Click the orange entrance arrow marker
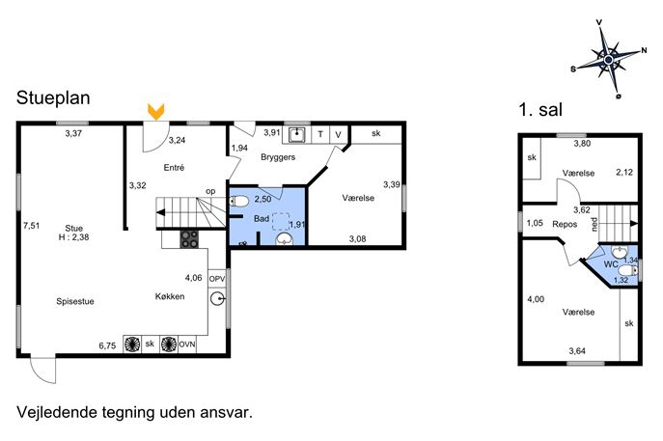click(155, 112)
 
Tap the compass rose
click(608, 59)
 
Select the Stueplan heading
click(53, 98)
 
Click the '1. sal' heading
click(540, 110)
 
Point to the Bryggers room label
click(278, 157)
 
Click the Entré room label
click(174, 168)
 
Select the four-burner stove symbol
click(189, 239)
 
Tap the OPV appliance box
click(217, 279)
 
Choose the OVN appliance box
click(187, 345)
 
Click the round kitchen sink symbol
click(218, 299)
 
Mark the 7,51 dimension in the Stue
click(31, 226)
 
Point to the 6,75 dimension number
click(107, 345)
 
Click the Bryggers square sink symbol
click(297, 135)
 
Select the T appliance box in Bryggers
click(320, 134)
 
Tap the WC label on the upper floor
click(611, 264)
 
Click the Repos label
click(565, 224)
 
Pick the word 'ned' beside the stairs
click(594, 224)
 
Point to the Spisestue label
click(75, 301)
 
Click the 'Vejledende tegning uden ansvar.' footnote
click(134, 412)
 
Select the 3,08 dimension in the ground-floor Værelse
click(357, 239)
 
